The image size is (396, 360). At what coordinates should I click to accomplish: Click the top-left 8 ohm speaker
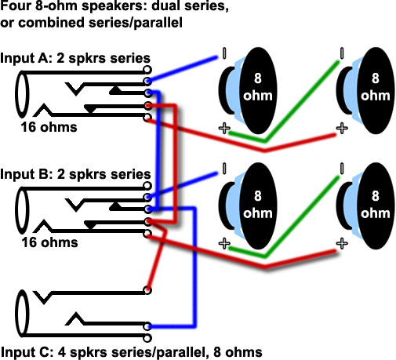pyautogui.click(x=249, y=91)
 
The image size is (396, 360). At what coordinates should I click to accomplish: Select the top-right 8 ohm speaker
pyautogui.click(x=366, y=91)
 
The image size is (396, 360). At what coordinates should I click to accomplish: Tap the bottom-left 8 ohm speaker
pyautogui.click(x=249, y=206)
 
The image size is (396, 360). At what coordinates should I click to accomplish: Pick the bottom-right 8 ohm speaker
pyautogui.click(x=366, y=206)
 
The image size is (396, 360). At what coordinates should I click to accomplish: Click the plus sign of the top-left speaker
pyautogui.click(x=224, y=128)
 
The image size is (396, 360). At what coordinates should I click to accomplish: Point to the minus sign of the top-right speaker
pyautogui.click(x=341, y=53)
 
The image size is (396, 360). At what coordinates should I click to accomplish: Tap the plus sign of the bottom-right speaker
pyautogui.click(x=342, y=243)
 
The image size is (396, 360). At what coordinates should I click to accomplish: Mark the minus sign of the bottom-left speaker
pyautogui.click(x=224, y=169)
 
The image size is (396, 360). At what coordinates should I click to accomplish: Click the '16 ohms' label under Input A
pyautogui.click(x=49, y=127)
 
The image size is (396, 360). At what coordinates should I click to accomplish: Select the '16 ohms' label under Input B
pyautogui.click(x=49, y=242)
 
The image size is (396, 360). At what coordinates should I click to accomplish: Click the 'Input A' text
pyautogui.click(x=26, y=58)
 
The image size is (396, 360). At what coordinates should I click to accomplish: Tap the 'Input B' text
pyautogui.click(x=26, y=174)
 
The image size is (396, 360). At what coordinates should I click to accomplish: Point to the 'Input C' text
pyautogui.click(x=26, y=352)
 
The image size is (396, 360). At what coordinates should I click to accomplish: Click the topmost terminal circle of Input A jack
pyautogui.click(x=147, y=70)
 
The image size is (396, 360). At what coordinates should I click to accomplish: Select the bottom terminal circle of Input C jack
pyautogui.click(x=147, y=338)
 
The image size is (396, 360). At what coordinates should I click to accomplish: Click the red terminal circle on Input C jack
pyautogui.click(x=147, y=290)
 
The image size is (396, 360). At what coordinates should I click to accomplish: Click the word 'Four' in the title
pyautogui.click(x=16, y=6)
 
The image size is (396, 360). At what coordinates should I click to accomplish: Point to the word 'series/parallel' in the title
pyautogui.click(x=136, y=23)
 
